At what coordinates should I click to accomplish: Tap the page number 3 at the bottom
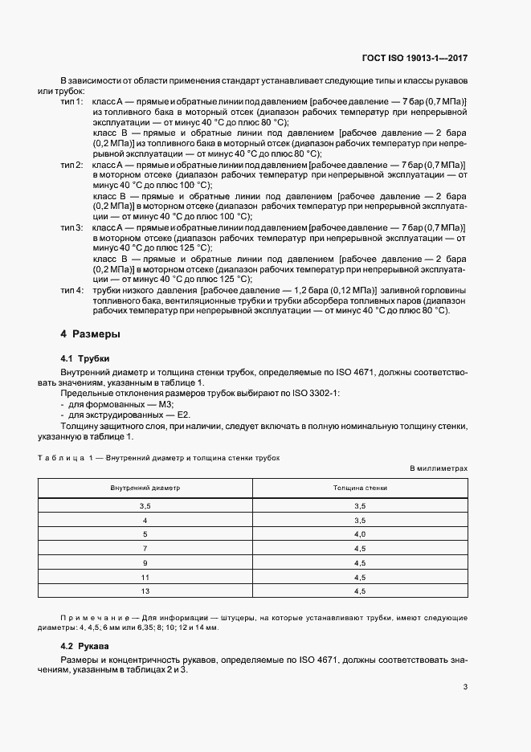tap(466, 686)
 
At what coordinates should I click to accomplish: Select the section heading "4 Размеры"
tap(91, 333)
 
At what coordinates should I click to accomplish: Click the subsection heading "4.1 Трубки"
tap(84, 358)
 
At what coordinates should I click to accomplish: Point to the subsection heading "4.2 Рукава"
tap(84, 645)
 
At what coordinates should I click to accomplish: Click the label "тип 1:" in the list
tap(72, 101)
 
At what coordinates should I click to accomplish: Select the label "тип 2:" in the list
tap(72, 164)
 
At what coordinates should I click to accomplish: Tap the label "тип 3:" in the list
tap(72, 227)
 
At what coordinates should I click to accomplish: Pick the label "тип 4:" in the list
tap(72, 290)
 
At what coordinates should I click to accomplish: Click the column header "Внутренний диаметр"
tap(145, 488)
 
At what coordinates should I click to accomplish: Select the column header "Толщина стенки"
tap(360, 488)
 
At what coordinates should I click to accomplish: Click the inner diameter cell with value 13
tap(145, 591)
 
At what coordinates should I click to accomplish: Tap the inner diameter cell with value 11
tap(145, 577)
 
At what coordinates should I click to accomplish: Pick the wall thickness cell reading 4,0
tap(360, 533)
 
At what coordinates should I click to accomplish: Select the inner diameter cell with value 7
tap(145, 548)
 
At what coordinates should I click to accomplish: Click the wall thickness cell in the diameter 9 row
tap(360, 562)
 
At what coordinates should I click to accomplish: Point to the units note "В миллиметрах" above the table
tap(439, 467)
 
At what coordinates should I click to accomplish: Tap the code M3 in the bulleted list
tap(159, 404)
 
